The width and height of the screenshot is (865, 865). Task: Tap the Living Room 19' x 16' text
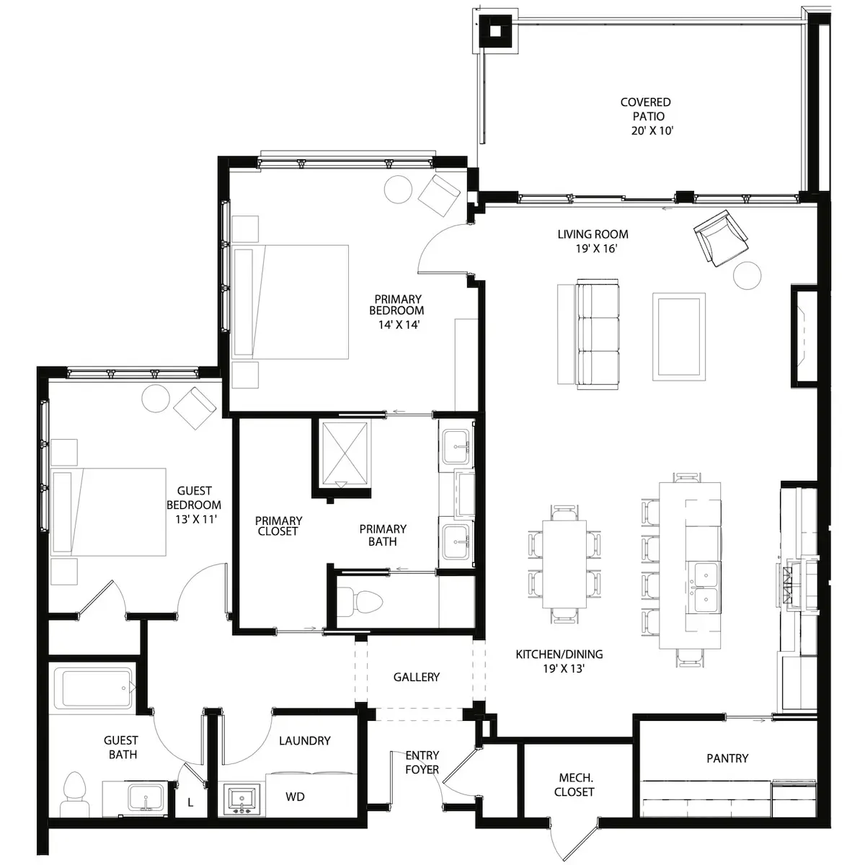click(593, 241)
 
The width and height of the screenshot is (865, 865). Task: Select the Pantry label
click(727, 758)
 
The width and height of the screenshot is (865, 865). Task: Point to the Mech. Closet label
click(574, 785)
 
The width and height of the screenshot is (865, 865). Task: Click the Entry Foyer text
click(422, 762)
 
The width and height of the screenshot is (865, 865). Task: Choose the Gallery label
click(416, 677)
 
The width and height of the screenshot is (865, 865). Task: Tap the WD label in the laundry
click(295, 797)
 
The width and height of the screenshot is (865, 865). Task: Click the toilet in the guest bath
click(74, 794)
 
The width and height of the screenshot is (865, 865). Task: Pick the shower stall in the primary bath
click(345, 453)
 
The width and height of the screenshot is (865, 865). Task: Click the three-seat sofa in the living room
click(597, 334)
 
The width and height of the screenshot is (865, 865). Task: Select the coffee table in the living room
click(679, 336)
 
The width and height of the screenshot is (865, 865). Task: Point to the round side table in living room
click(747, 275)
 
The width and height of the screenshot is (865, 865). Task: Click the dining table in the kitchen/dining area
click(564, 564)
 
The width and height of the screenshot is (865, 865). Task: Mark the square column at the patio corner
click(495, 31)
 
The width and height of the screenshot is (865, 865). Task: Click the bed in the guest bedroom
click(109, 513)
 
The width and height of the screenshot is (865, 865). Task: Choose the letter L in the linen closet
click(190, 802)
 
